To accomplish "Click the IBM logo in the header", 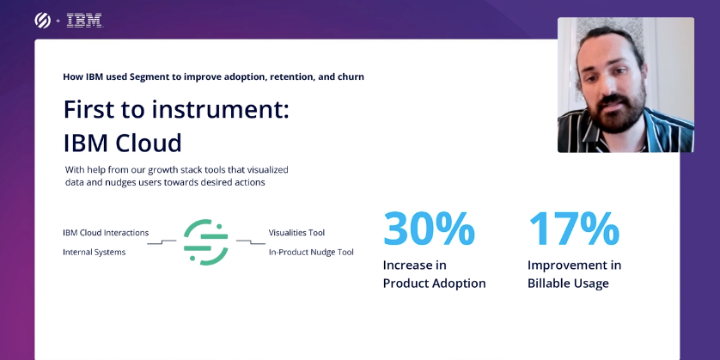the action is [x=84, y=21].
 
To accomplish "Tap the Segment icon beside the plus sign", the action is [x=43, y=21].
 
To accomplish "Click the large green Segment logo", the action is [x=205, y=242].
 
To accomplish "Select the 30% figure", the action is [x=429, y=229].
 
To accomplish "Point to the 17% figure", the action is [x=574, y=229].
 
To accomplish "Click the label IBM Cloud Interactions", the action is [x=106, y=233].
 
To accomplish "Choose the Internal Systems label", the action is [x=95, y=252].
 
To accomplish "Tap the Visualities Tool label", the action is [x=296, y=233].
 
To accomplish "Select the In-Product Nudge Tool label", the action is [x=311, y=252].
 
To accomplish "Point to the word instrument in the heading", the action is [x=217, y=110].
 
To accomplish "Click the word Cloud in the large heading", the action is [x=149, y=143].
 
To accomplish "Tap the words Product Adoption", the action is [x=435, y=284].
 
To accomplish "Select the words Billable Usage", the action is [x=568, y=284].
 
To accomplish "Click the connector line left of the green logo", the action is [x=162, y=242].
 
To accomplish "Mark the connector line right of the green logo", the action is [x=251, y=242].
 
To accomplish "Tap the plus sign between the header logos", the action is [x=58, y=21].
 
